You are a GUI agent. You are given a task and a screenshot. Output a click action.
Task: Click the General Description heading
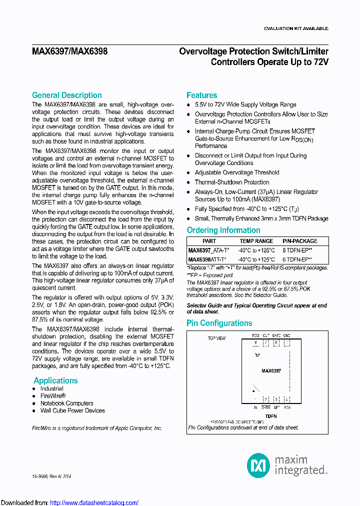click(66, 95)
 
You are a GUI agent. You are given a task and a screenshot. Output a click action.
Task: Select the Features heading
click(201, 95)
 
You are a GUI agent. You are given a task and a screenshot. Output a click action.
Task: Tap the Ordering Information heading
click(223, 230)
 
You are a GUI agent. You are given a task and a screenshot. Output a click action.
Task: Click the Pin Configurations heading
click(219, 323)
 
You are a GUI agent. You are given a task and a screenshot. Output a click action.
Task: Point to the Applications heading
click(55, 380)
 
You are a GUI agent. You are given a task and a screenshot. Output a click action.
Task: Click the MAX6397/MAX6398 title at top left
click(69, 51)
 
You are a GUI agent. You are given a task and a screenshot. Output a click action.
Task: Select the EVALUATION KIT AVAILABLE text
click(296, 28)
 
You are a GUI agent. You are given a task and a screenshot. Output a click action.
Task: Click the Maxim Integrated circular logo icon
click(258, 465)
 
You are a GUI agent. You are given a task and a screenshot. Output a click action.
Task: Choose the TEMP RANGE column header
click(256, 241)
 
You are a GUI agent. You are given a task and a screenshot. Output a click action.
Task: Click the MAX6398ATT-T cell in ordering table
click(207, 259)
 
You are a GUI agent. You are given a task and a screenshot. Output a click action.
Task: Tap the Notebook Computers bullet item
click(66, 403)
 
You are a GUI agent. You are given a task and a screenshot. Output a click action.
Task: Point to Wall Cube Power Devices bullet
click(72, 410)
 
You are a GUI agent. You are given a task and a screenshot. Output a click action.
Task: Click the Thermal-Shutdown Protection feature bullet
click(231, 182)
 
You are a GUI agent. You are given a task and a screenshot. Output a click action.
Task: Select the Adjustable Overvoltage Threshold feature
click(236, 172)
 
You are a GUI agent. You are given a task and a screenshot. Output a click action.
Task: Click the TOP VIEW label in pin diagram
click(216, 338)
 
